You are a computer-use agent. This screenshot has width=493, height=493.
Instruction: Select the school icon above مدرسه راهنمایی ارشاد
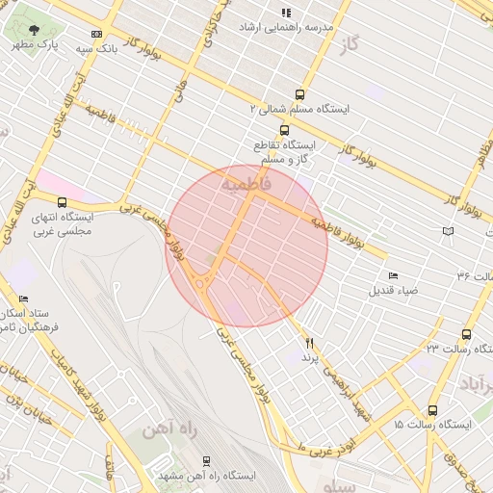click(285, 13)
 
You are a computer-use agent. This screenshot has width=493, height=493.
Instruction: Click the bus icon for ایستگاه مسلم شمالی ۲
click(299, 94)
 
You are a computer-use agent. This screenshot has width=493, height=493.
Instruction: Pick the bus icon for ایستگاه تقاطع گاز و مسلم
click(283, 129)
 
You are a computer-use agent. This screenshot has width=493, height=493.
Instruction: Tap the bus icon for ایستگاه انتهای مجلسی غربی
click(63, 202)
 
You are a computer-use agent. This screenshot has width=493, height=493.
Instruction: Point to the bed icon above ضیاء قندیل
click(393, 276)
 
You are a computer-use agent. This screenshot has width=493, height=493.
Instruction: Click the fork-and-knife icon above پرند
click(310, 343)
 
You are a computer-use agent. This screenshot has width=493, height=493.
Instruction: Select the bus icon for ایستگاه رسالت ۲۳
click(466, 333)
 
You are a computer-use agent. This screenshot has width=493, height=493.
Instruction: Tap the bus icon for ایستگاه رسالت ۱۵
click(432, 410)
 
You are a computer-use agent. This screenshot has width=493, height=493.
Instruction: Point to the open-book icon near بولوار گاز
click(447, 231)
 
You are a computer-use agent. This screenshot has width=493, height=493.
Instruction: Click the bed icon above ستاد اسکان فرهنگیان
click(24, 299)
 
